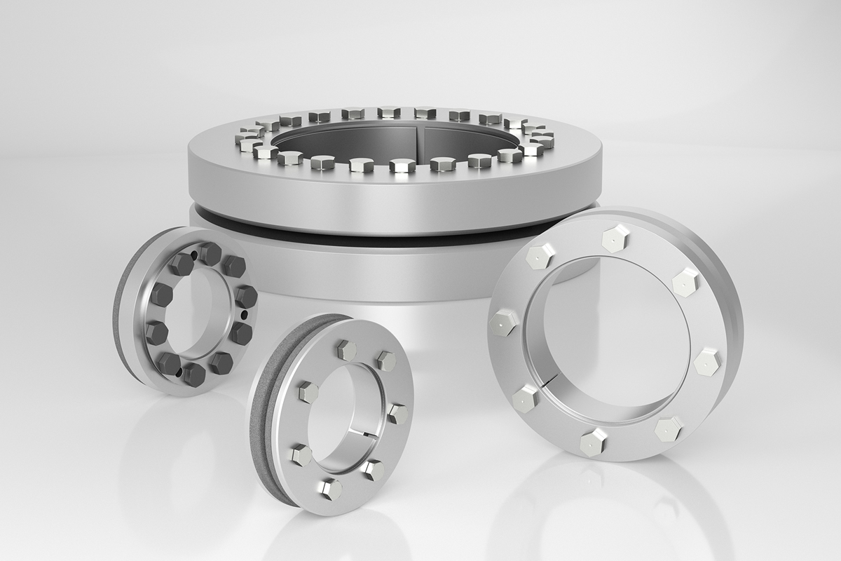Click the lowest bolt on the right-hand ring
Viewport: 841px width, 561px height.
click(592, 442)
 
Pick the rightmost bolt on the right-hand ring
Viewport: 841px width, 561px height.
click(708, 361)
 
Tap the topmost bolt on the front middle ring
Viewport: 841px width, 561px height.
click(348, 349)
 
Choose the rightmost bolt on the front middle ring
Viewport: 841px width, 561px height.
click(397, 413)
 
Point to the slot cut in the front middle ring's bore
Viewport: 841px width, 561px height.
click(369, 438)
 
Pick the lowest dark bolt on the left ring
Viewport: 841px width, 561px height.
click(194, 374)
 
